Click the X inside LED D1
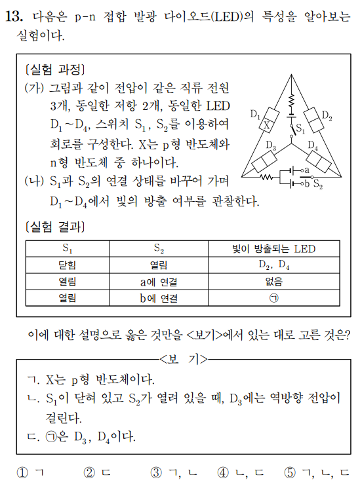[x=267, y=124]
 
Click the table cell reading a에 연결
[x=159, y=282]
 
